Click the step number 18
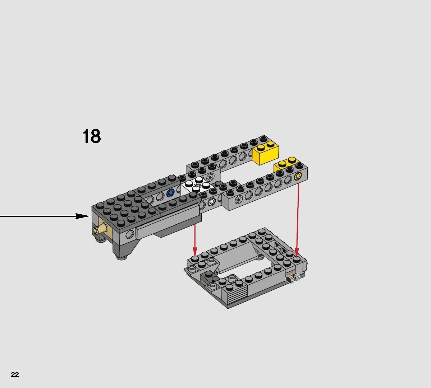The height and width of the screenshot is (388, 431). pos(92,137)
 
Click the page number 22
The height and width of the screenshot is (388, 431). pos(15,375)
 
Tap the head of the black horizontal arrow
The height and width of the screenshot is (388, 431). pos(83,216)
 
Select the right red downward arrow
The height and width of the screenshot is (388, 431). pos(297,215)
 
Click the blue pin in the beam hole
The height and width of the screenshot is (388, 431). pos(170,193)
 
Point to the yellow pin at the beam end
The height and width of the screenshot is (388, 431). pos(297,176)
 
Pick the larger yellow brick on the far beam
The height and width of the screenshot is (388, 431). pos(266,152)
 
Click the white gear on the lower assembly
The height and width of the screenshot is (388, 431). pos(294,278)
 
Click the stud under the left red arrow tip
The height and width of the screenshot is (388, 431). pos(195,259)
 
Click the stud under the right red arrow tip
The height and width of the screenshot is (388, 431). pos(297,259)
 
